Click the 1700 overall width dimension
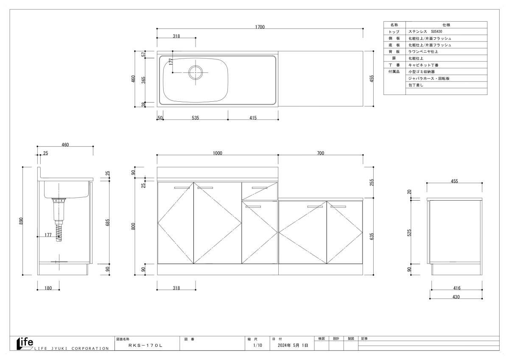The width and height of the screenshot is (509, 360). (260, 27)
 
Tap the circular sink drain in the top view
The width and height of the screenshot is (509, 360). (196, 73)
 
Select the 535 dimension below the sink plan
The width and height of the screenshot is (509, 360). (195, 117)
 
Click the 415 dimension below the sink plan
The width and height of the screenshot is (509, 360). (253, 117)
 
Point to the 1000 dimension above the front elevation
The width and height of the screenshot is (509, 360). (218, 153)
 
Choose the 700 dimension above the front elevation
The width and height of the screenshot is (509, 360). (320, 153)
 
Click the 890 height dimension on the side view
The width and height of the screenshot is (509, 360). (21, 221)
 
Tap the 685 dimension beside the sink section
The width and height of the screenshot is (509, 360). (108, 222)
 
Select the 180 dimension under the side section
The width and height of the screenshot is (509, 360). (48, 288)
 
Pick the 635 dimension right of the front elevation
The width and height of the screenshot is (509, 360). (372, 236)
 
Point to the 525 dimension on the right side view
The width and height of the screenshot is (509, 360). (409, 233)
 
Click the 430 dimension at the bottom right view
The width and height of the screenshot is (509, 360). (456, 297)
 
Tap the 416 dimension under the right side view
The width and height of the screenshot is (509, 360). (457, 288)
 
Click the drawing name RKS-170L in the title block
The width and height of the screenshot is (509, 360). (145, 346)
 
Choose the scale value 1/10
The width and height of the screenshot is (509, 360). (257, 345)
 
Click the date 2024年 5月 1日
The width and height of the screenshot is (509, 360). (293, 345)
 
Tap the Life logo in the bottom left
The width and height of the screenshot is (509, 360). (25, 343)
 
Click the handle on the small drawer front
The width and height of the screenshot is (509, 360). (260, 187)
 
